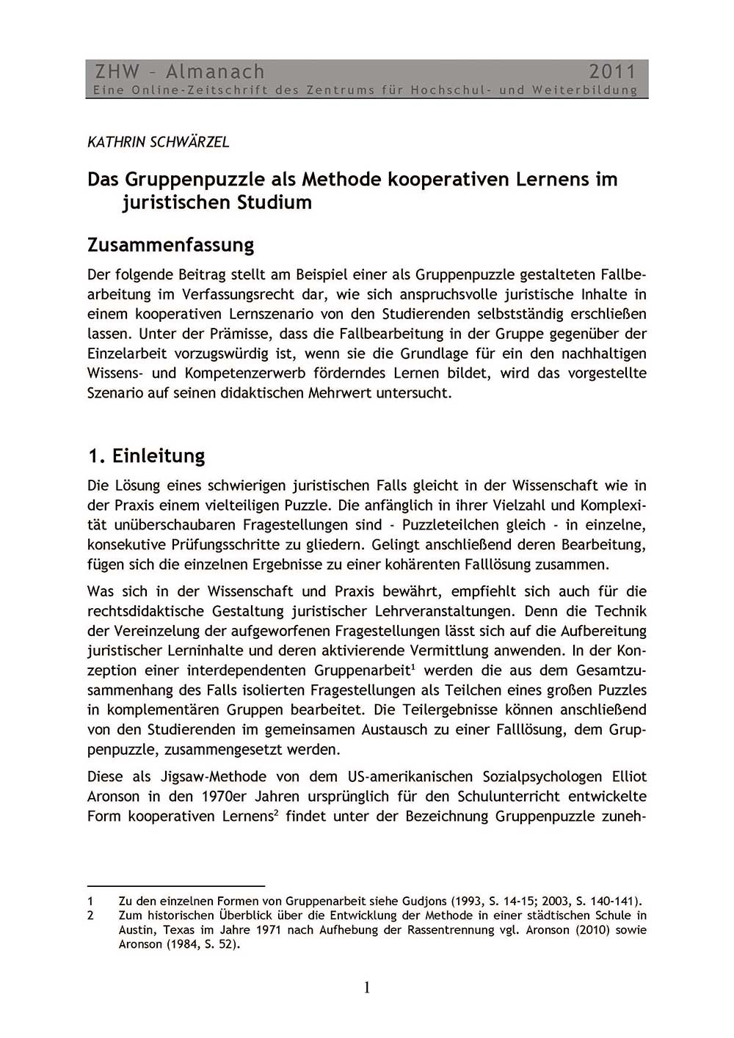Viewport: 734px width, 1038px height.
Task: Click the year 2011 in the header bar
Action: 612,72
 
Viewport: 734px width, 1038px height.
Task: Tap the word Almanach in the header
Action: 215,72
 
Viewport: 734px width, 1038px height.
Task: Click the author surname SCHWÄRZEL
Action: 189,142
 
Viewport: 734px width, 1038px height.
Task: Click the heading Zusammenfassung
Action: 170,244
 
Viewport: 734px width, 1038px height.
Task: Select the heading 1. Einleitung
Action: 146,456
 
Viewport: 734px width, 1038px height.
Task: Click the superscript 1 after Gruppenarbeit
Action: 413,667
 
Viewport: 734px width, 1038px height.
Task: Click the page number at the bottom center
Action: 367,988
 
